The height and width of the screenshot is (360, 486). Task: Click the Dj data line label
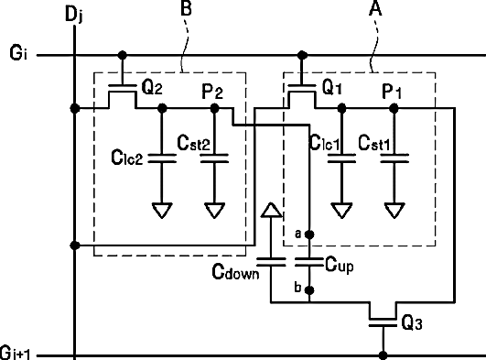point(74,15)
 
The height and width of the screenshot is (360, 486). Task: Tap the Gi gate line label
point(18,52)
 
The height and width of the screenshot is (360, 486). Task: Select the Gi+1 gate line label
point(16,353)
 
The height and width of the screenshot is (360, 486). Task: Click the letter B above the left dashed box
point(186,8)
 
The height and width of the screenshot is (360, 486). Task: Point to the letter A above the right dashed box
point(375,8)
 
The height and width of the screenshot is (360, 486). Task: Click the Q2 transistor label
point(152,87)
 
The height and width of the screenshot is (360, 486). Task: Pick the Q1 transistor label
point(332,87)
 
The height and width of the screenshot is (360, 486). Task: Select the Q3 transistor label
point(412,322)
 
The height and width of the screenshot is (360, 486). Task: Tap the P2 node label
point(212,92)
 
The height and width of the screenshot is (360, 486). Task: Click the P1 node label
point(392,92)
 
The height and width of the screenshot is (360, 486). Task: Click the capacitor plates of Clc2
point(162,158)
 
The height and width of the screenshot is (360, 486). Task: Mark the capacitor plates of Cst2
point(214,158)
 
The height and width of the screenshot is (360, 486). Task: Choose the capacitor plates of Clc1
point(341,158)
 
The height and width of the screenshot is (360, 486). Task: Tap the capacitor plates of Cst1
point(394,158)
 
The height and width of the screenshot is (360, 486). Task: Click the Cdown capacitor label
point(235,272)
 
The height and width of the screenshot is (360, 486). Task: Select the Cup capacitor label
point(340,266)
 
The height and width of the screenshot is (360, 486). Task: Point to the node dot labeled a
point(309,235)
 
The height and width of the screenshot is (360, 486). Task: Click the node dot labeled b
point(309,290)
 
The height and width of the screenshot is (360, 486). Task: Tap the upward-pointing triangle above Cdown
point(272,210)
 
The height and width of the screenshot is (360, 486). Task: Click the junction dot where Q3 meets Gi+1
point(383,355)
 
